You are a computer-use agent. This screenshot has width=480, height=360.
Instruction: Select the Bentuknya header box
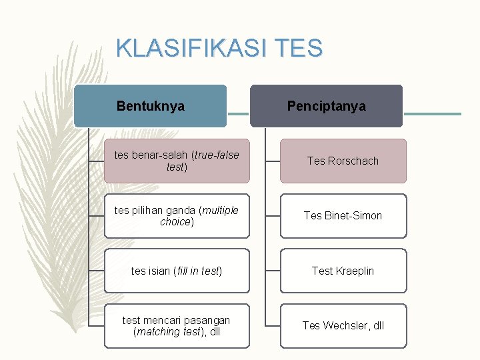pos(150,106)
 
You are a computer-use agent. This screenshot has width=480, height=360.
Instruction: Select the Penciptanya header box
pos(326,106)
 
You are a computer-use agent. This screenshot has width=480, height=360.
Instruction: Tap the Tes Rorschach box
pos(343,161)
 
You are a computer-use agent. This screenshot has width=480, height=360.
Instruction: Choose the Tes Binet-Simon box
pos(343,216)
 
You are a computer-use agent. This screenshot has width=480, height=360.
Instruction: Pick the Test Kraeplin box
pos(343,271)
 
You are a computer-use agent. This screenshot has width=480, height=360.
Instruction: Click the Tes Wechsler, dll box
pos(343,326)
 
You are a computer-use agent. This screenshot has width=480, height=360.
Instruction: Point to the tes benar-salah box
pos(177,161)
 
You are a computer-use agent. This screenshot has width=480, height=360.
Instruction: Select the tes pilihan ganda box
pos(177,216)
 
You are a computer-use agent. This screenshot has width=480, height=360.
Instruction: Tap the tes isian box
pos(177,271)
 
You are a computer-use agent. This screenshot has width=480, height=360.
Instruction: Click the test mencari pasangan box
pos(177,326)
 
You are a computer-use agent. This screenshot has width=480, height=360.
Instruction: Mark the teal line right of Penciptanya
pos(432,113)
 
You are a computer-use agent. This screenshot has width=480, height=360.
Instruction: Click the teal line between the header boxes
pos(238,113)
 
